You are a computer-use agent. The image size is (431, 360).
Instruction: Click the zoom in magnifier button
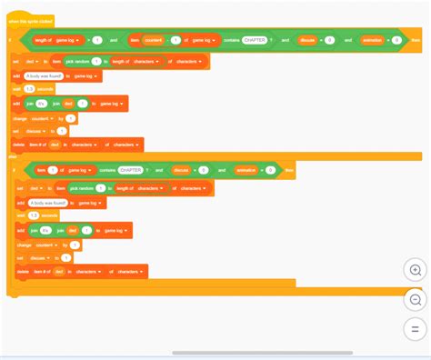[416, 270]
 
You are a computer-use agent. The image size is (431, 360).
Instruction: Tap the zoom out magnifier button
[416, 299]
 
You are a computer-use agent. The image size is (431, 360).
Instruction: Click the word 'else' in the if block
[13, 156]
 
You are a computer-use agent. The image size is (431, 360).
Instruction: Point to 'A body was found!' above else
[44, 76]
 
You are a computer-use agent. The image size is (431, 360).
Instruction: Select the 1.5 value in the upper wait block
[29, 88]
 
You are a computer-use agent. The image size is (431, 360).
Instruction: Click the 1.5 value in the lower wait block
[34, 215]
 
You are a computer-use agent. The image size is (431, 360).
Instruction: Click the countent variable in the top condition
[153, 41]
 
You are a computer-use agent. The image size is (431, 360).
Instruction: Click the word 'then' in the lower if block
[289, 169]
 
